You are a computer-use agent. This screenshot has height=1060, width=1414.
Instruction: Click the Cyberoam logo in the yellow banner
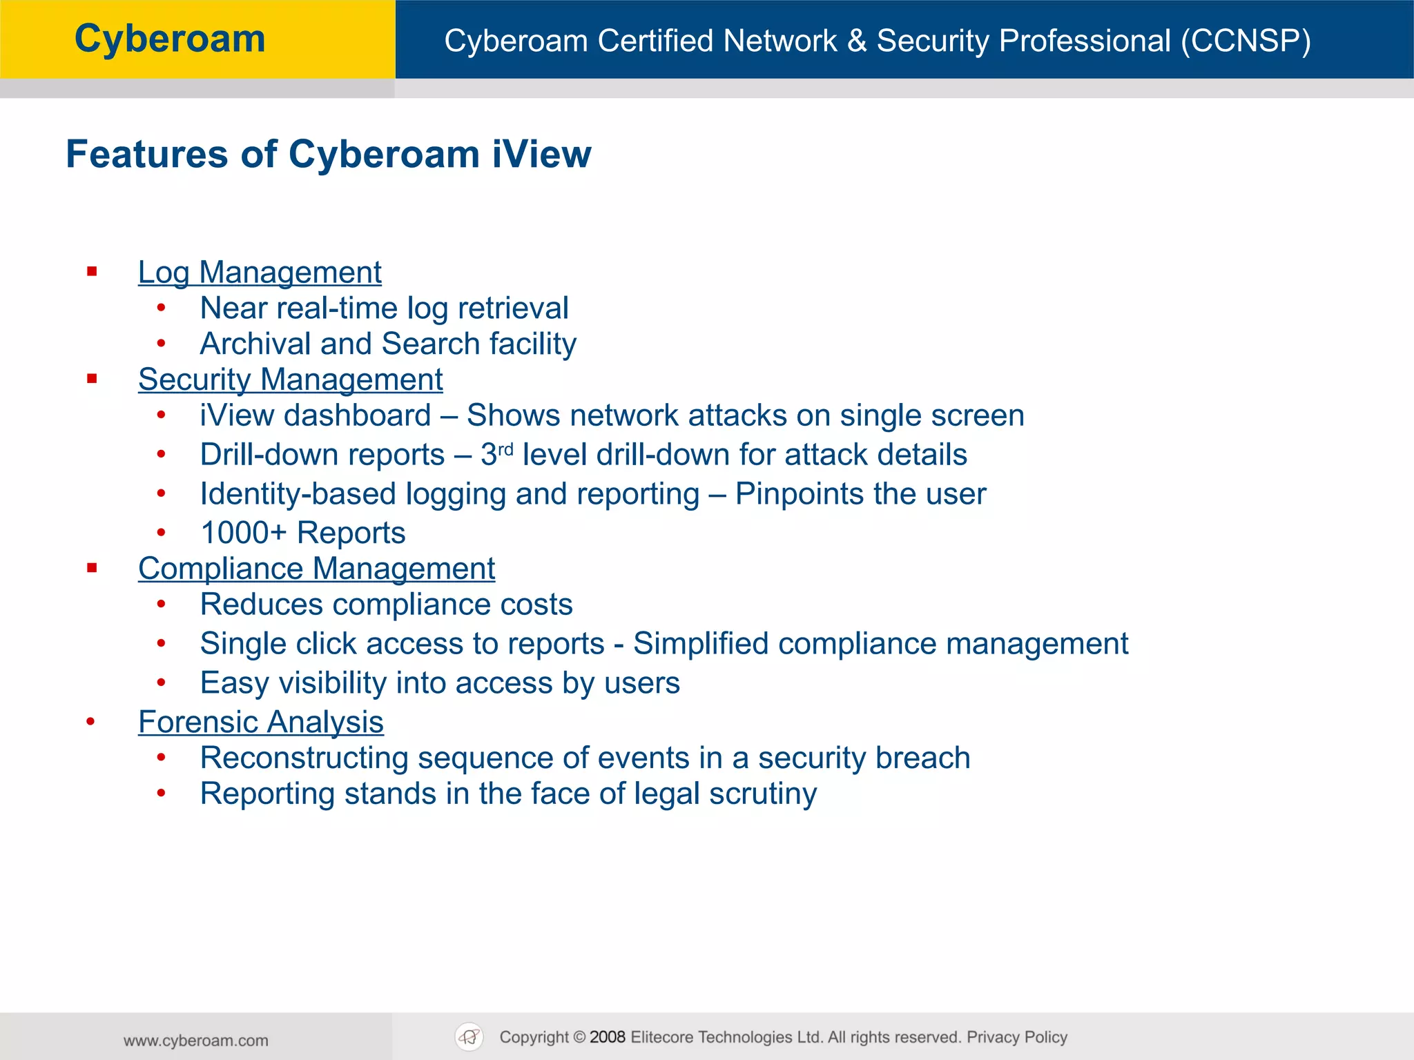[170, 39]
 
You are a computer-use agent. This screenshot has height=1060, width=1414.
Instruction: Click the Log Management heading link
[260, 272]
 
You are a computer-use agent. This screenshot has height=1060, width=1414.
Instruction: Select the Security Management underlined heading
[290, 379]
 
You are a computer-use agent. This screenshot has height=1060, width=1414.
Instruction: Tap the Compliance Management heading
[316, 569]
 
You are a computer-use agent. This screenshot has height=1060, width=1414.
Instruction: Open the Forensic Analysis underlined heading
[260, 722]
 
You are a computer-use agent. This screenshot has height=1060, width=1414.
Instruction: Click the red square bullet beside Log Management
[92, 272]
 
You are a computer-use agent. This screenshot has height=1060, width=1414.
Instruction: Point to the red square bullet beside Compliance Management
[92, 568]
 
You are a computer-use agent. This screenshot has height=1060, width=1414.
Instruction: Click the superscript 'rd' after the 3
[505, 450]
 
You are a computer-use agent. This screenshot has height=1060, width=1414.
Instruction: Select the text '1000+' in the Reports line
[243, 533]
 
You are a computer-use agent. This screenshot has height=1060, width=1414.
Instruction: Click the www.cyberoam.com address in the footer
[196, 1041]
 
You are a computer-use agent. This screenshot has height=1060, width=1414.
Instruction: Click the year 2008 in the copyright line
[608, 1037]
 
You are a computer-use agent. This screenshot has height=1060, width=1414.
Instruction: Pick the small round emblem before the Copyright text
[469, 1037]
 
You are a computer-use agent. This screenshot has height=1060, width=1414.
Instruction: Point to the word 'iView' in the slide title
[541, 154]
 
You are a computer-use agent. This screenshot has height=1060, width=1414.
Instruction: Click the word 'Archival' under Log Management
[253, 344]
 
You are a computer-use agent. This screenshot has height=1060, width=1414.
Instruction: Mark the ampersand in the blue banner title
[857, 41]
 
